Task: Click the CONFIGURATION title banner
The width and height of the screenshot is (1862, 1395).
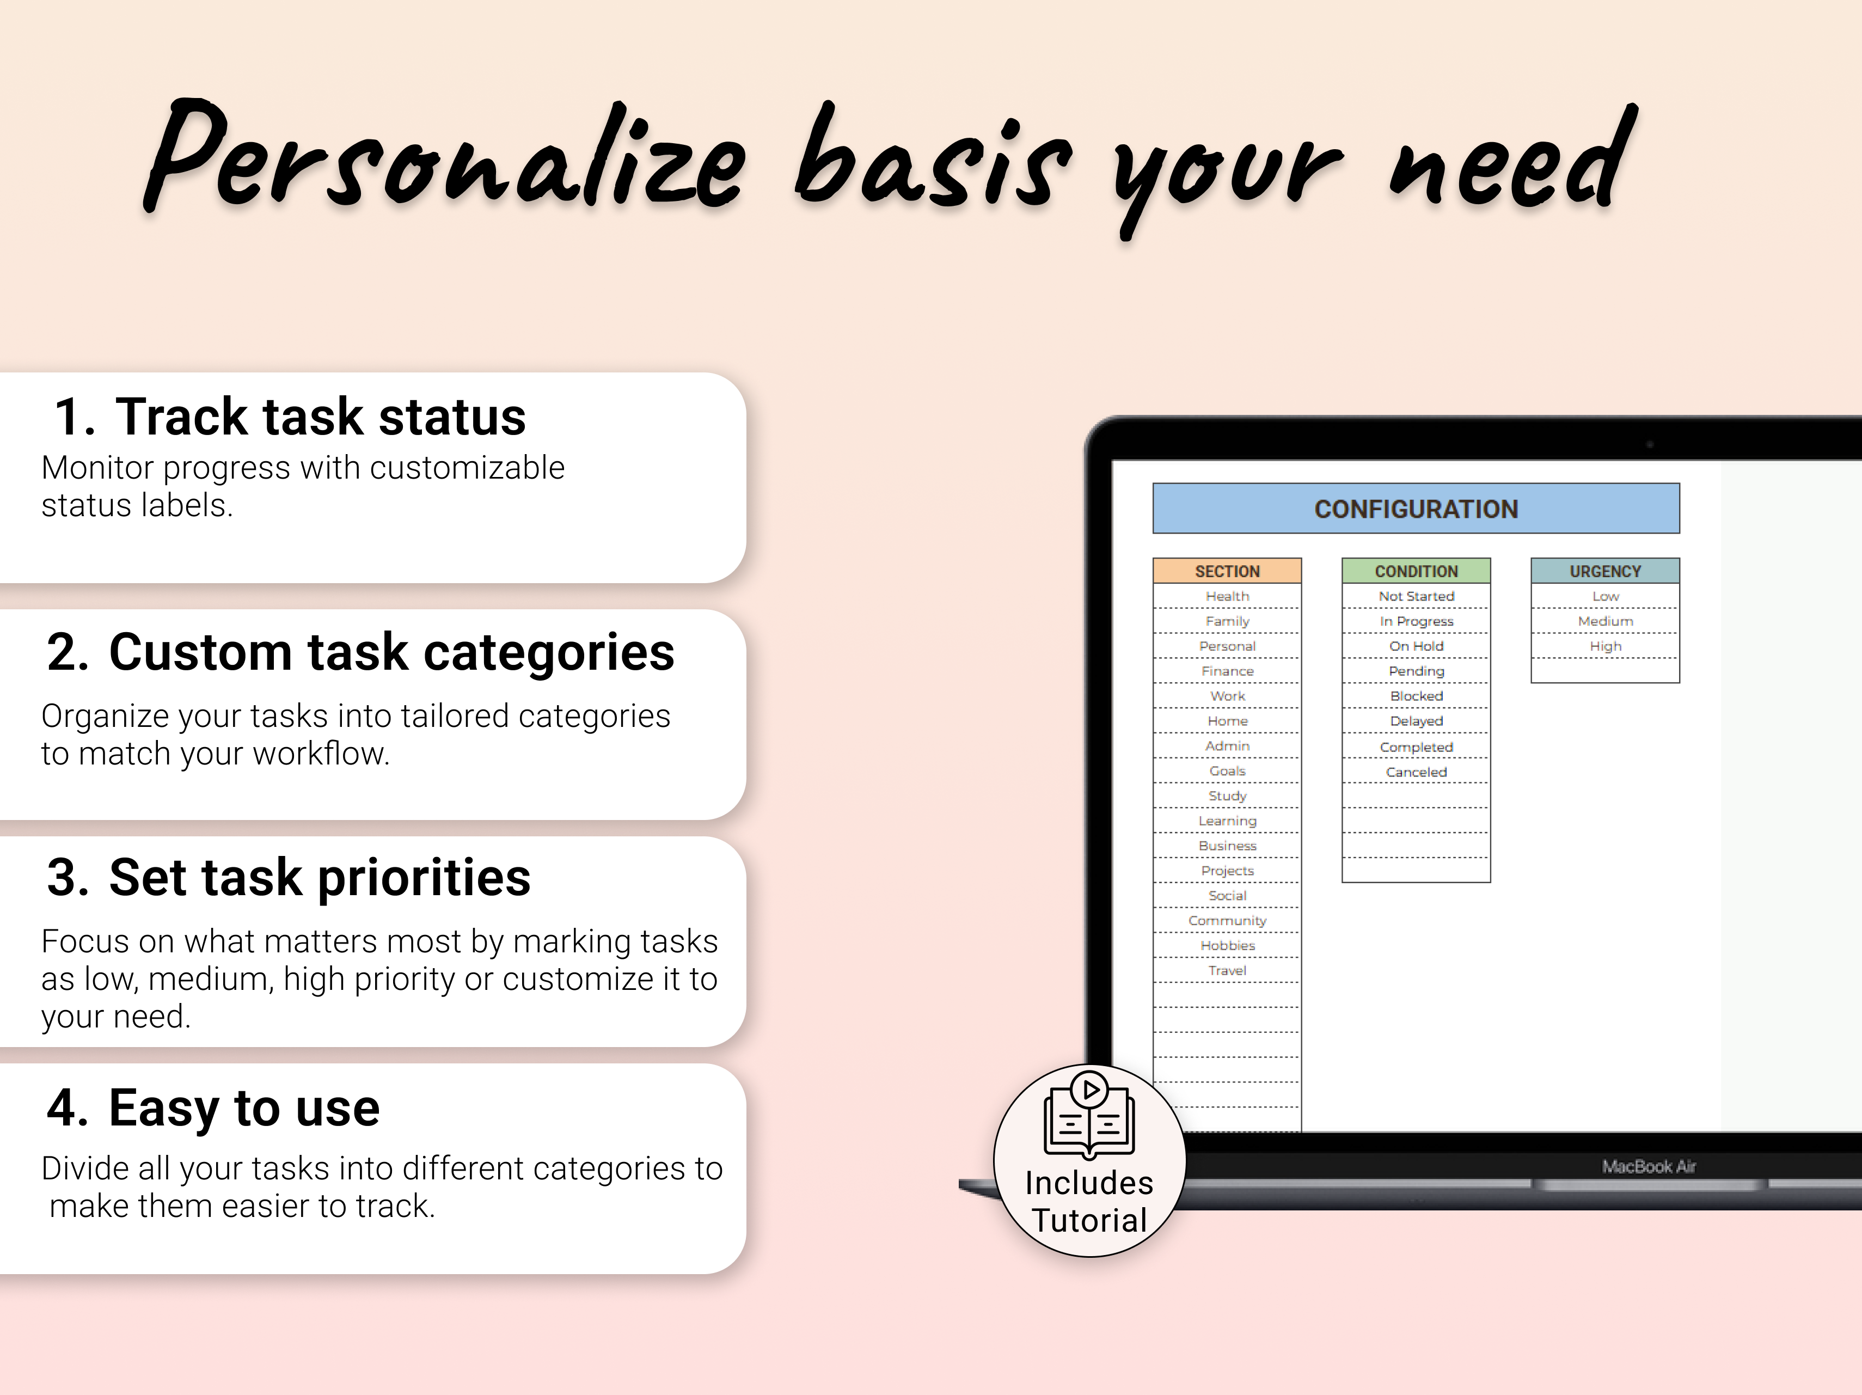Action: click(1416, 509)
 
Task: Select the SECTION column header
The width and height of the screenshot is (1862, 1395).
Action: click(1227, 571)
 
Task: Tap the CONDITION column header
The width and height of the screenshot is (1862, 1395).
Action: click(1416, 571)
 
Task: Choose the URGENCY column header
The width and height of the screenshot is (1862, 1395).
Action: click(1604, 571)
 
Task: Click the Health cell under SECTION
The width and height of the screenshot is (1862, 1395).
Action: click(1227, 596)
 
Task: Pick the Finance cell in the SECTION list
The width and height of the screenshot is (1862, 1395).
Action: click(1227, 671)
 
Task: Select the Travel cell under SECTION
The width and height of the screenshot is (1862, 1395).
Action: click(1227, 971)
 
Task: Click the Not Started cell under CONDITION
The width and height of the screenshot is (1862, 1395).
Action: click(1416, 596)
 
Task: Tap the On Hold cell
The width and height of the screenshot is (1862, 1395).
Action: click(1416, 646)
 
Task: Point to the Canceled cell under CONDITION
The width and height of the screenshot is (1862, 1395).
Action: click(1416, 772)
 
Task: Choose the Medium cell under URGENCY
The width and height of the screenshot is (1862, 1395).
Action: click(1604, 621)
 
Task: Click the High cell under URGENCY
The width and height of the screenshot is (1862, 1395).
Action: click(1604, 646)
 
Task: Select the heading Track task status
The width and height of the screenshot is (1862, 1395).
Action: click(320, 417)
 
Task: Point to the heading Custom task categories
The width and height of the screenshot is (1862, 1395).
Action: click(391, 652)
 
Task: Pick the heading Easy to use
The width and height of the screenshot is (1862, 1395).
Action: click(244, 1108)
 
